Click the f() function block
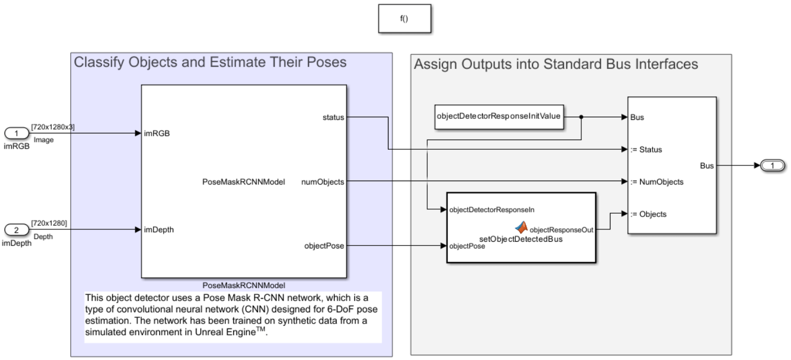tap(403, 19)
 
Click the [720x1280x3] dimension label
tap(53, 127)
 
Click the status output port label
tap(334, 117)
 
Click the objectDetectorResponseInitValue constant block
tap(499, 117)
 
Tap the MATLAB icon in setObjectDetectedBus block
tap(522, 228)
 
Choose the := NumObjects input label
tap(654, 182)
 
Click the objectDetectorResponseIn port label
tap(492, 210)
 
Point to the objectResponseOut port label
tap(561, 229)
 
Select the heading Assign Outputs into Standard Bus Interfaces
tap(556, 64)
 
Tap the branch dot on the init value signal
tap(582, 117)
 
